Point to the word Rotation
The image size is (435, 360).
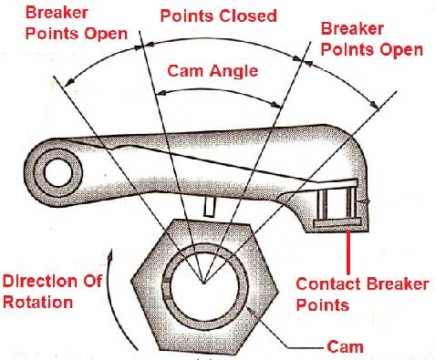[x=37, y=303]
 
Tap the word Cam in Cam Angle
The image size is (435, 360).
[x=184, y=70]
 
